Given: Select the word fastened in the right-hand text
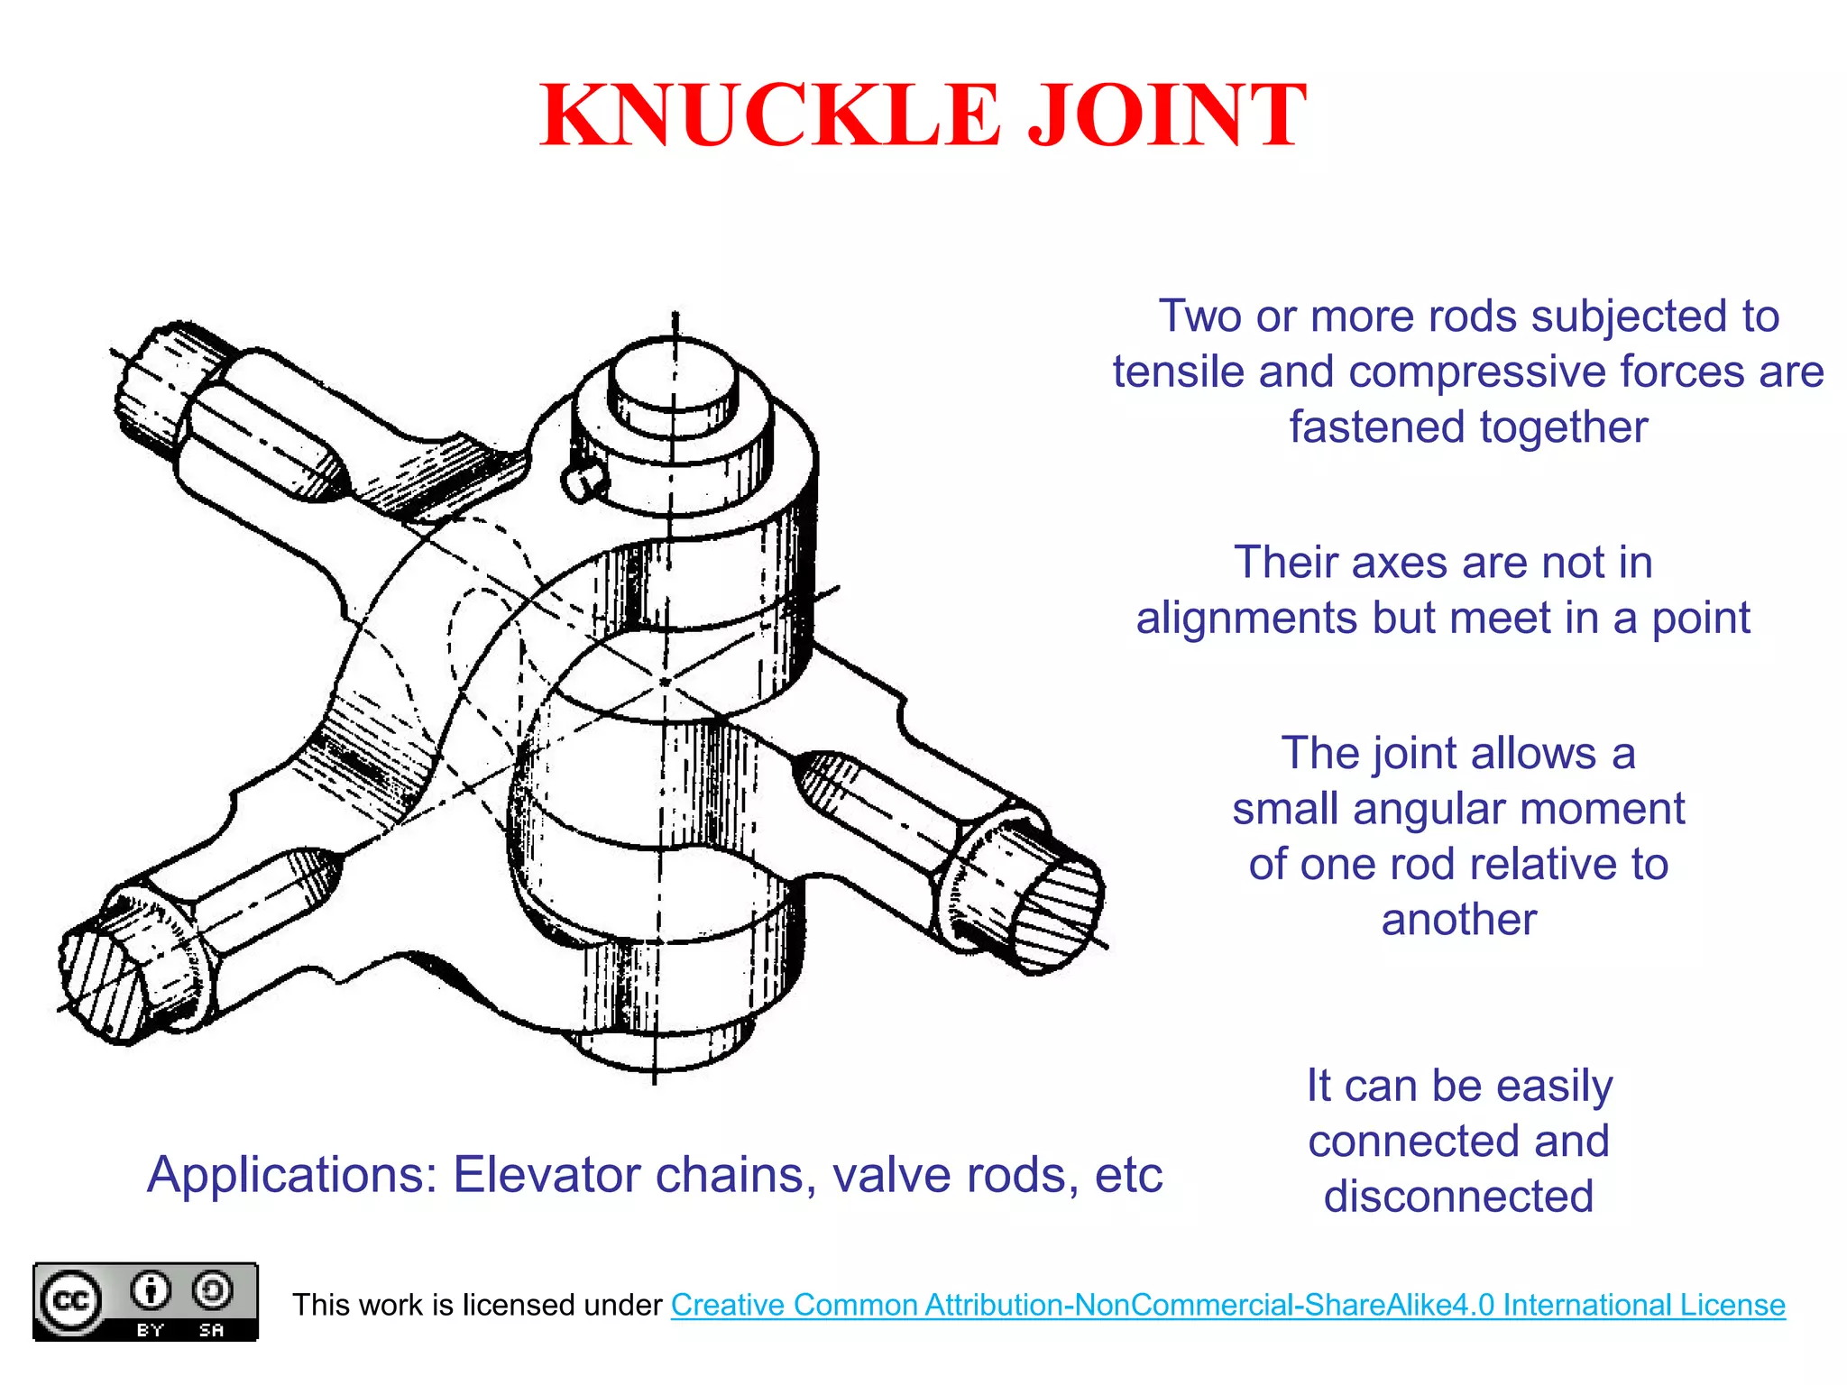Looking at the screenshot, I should (x=1377, y=427).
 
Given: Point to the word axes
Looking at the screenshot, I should (x=1400, y=563).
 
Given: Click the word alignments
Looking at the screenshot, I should (x=1246, y=619).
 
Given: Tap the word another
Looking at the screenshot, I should (x=1458, y=920).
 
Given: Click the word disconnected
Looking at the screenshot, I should (x=1458, y=1197).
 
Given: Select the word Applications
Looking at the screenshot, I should (x=291, y=1175).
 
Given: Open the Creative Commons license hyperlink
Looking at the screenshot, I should (x=1227, y=1305).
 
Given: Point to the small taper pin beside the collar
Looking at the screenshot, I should (x=582, y=482).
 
